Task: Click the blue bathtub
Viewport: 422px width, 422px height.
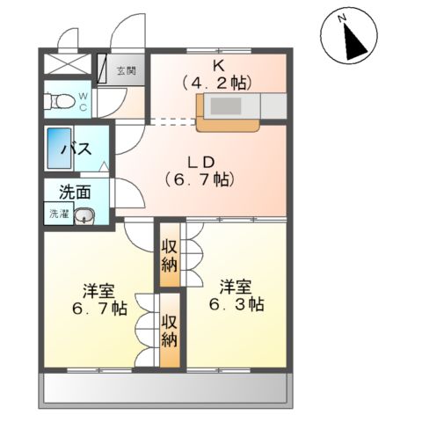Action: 59,150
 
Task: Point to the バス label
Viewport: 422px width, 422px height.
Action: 77,150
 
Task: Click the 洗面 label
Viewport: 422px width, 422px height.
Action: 74,190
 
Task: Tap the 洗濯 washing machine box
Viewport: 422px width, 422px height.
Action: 56,214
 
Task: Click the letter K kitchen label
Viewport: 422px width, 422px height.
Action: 216,65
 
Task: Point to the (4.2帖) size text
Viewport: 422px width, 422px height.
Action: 216,84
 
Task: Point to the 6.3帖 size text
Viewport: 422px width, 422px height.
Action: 237,304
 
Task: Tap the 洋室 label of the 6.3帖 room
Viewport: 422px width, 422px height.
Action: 237,285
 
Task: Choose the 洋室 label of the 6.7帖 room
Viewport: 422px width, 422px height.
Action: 99,291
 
